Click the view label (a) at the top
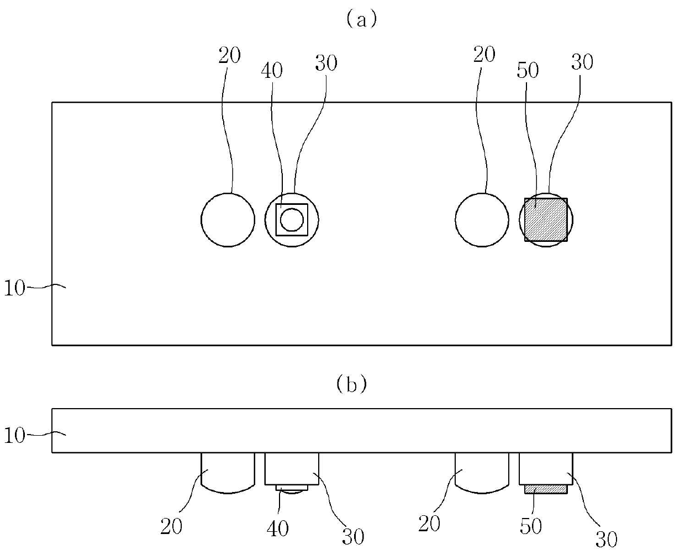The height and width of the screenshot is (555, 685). click(361, 20)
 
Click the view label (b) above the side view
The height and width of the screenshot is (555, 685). click(351, 384)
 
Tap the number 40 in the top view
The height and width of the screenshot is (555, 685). click(271, 71)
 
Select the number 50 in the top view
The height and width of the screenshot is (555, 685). click(528, 71)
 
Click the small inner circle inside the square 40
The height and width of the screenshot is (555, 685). click(292, 220)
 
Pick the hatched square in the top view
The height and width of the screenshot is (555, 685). click(546, 220)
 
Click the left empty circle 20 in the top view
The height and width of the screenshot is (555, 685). click(228, 220)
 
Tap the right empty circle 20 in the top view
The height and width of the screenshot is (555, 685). click(482, 220)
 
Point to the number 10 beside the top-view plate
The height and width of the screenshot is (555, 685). click(15, 288)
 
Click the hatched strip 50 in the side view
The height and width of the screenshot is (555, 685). click(546, 489)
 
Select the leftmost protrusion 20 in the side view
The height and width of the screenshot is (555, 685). click(228, 472)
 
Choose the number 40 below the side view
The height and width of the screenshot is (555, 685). click(277, 528)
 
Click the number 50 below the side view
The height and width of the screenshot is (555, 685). click(531, 526)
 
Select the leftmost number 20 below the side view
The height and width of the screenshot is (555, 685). click(171, 526)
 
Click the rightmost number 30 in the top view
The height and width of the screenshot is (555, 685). click(582, 62)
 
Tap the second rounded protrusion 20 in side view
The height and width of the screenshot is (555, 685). click(482, 472)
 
